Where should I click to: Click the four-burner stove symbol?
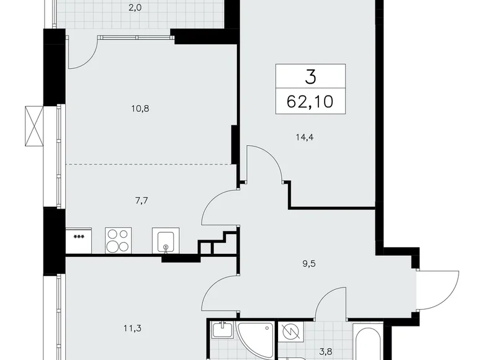pyautogui.click(x=118, y=240)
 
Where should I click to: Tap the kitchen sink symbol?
pyautogui.click(x=166, y=241)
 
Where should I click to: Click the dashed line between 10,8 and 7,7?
pyautogui.click(x=149, y=164)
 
